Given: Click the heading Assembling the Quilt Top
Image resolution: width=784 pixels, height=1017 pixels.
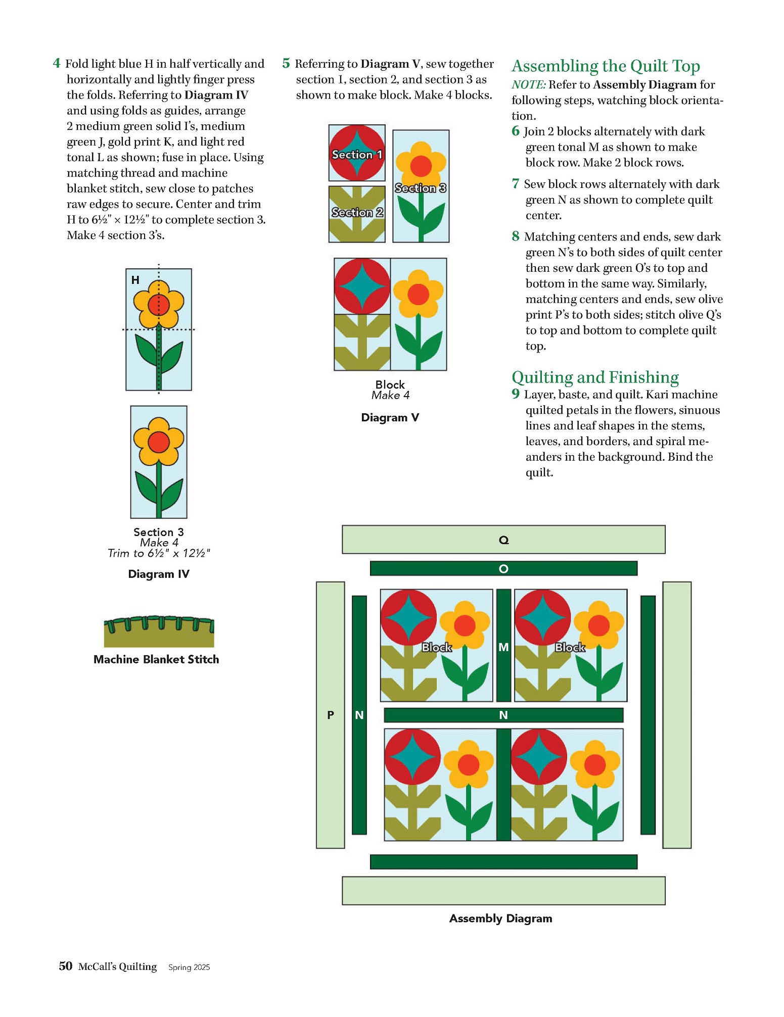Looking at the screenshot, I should tap(606, 66).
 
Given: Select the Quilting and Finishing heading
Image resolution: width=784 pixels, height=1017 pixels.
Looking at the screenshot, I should tap(595, 377).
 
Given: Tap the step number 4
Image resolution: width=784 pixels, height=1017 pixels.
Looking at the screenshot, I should tap(57, 63).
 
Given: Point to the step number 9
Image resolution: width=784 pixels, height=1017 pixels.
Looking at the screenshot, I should tap(515, 394).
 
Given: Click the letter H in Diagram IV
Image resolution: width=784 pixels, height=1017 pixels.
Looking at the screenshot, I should tap(135, 280).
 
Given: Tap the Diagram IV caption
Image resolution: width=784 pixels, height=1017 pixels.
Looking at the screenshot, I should tap(159, 574).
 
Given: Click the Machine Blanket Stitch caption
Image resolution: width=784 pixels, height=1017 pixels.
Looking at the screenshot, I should tap(156, 659).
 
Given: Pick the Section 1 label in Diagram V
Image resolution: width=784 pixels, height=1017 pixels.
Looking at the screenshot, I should tap(357, 155).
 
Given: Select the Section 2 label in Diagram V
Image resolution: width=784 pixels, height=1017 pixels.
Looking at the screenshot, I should tap(357, 212).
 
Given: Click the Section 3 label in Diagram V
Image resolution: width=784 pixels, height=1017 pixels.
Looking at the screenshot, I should tap(421, 188).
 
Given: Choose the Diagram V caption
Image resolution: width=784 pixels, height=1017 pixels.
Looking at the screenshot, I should tap(390, 417).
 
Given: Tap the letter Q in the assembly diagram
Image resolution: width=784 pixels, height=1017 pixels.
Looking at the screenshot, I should tap(503, 540).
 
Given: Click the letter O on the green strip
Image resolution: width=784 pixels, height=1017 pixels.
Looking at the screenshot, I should tap(503, 569).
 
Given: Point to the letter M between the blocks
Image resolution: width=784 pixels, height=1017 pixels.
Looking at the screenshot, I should tap(503, 647).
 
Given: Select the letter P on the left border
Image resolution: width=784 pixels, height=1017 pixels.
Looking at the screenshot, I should tap(331, 715).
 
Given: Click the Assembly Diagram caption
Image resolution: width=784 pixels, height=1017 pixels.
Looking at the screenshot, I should tap(500, 918).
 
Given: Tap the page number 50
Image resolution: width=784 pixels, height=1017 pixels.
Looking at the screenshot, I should tap(66, 966).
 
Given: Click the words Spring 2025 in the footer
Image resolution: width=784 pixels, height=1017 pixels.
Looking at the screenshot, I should tap(189, 967).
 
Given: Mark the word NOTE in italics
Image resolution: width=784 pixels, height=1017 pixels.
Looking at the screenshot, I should tap(528, 84).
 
